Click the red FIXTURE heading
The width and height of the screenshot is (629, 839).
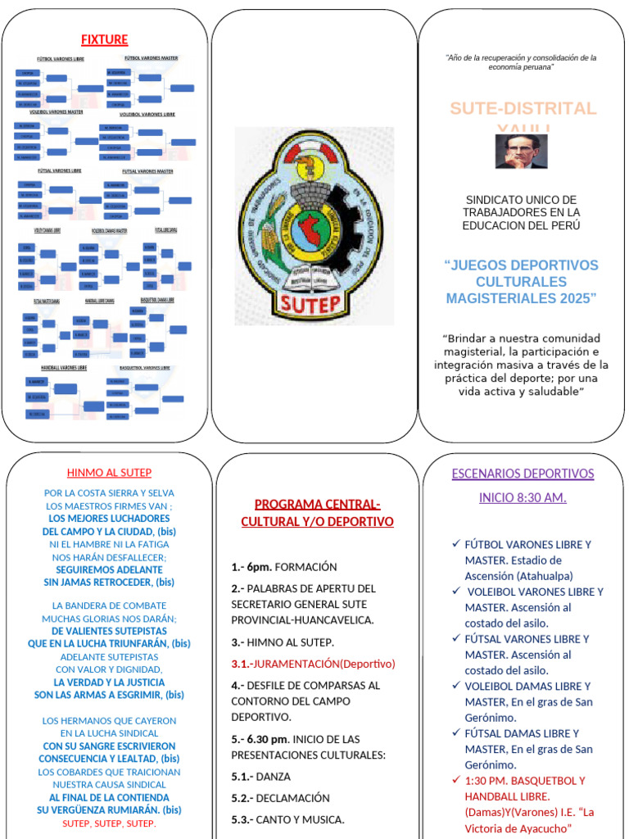point(104,39)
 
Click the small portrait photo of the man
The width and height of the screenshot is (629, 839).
point(521,152)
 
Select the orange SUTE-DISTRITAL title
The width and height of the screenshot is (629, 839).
point(523,109)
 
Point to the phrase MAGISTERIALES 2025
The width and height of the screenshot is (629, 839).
point(522,298)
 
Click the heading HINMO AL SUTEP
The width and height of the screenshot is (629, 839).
point(109,473)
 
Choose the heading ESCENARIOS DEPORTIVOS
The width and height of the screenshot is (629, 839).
point(523,474)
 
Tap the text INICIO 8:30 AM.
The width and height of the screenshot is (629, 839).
point(523,497)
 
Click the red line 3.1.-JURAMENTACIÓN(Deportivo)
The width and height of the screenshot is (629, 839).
point(313,664)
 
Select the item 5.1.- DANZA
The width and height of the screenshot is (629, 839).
point(260,776)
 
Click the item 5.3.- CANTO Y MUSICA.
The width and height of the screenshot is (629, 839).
point(287,819)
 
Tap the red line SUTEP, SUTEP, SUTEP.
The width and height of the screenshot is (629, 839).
point(109,823)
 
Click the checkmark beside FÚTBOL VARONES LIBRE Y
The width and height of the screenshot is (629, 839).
point(455,543)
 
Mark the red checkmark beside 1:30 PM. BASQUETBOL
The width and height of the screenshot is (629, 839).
point(455,779)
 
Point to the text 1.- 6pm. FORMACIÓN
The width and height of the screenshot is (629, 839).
point(283,567)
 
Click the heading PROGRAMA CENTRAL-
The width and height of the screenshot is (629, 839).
point(317,504)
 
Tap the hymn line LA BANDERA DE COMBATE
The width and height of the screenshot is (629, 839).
point(109,605)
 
